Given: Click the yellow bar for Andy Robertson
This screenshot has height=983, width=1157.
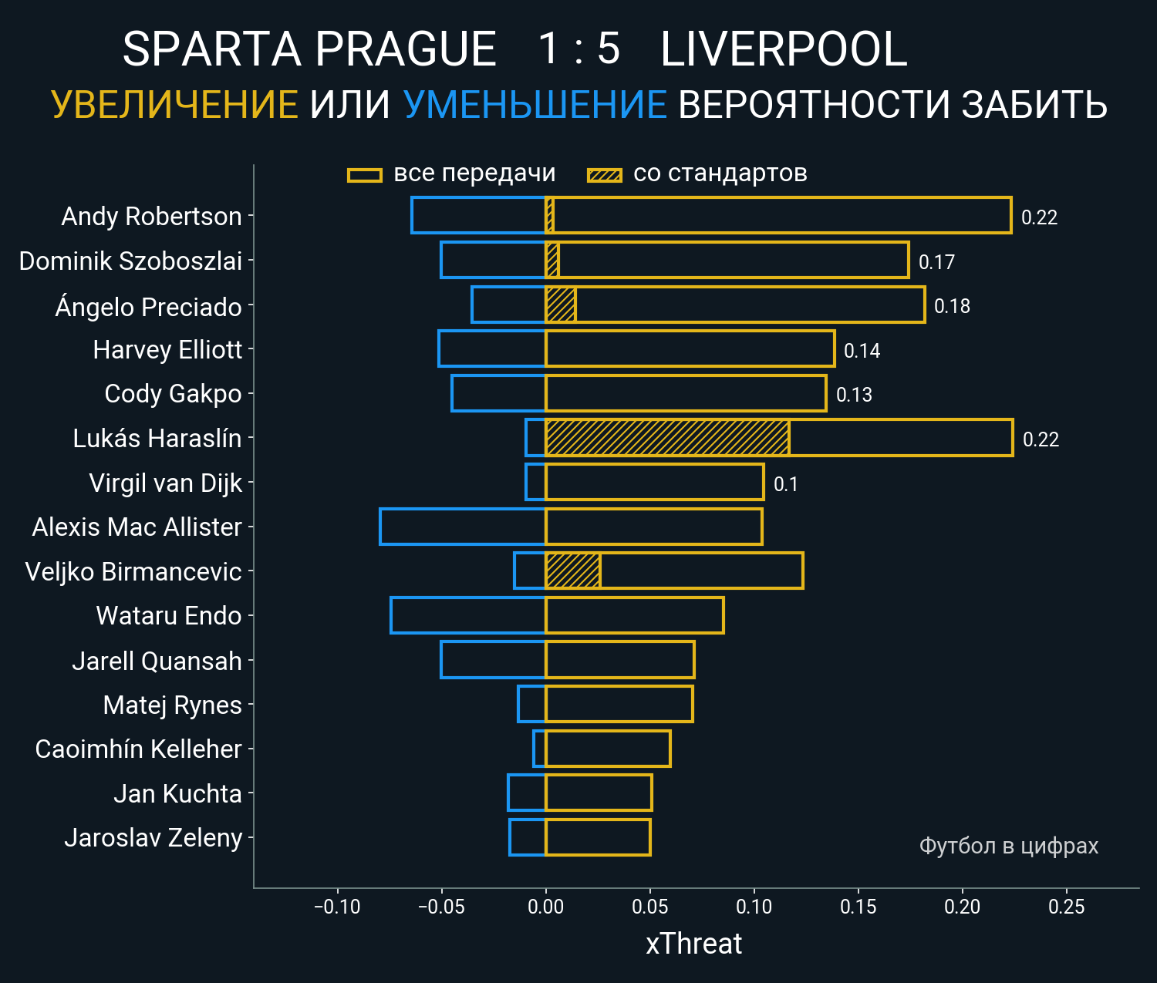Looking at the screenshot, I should pos(779,215).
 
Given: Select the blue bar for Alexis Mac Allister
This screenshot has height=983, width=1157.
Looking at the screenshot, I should pos(463,527).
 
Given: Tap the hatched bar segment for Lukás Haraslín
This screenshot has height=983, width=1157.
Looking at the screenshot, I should pos(667,438).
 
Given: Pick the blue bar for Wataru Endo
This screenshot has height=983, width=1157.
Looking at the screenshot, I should pos(468,615).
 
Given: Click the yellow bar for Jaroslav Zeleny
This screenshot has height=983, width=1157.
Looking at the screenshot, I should pos(598,837).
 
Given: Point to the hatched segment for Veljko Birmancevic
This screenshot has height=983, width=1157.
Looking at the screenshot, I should pos(572,571).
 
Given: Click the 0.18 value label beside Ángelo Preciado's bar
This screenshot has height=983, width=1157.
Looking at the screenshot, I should pos(952,306).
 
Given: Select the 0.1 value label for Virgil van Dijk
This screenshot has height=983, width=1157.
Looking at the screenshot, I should pos(785,484).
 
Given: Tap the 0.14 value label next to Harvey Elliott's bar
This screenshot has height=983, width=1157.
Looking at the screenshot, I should pos(862,351).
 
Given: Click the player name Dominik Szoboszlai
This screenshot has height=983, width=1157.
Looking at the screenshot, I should pos(130,261).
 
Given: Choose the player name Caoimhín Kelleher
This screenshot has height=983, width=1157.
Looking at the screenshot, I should pos(138,749).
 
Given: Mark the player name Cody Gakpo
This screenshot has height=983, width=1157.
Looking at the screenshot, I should pos(173,394).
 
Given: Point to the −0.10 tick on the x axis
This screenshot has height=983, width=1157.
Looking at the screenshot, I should pos(337,907).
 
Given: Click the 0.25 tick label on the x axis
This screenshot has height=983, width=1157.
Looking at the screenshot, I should pos(1066,907).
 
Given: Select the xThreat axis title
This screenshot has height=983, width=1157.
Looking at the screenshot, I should pos(693,944).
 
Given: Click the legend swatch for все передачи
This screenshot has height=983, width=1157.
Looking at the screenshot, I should pos(365,175).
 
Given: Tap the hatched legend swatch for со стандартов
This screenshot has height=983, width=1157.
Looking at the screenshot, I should pos(604,175).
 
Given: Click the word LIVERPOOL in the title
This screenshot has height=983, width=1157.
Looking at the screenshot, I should pos(784,49).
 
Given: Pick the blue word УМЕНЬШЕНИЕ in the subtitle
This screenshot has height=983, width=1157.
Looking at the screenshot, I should pos(535,105).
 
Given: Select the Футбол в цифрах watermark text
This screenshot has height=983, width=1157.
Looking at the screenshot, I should pos(1008,846).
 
